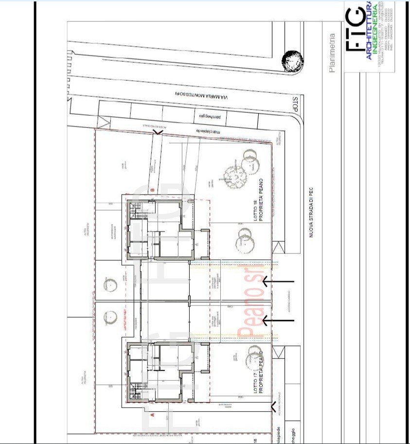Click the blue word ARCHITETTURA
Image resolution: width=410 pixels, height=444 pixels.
(x=369, y=32)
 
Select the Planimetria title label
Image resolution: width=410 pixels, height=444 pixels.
(x=333, y=53)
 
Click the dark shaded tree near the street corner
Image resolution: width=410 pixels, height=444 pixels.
(x=293, y=61)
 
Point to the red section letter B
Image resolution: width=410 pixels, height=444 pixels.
(x=152, y=190)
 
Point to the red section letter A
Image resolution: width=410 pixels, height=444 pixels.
(x=152, y=415)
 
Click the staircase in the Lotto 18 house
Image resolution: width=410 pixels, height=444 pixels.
(x=137, y=211)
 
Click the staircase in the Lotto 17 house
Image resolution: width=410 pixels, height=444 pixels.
(x=137, y=391)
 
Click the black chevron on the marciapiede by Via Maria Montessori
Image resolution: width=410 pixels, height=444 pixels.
(x=157, y=131)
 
